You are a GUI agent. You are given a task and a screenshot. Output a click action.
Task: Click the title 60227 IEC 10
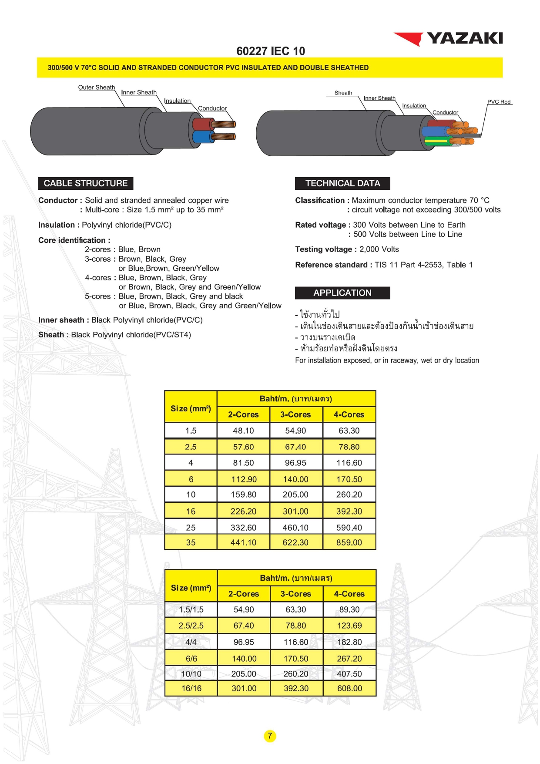(x=270, y=51)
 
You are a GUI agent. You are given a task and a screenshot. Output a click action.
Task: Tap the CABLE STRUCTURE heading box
(x=86, y=183)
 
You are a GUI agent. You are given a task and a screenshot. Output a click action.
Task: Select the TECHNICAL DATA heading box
(x=342, y=183)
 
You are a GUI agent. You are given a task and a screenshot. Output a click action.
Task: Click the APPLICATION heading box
(x=342, y=293)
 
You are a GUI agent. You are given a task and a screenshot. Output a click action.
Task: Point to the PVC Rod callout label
(x=499, y=102)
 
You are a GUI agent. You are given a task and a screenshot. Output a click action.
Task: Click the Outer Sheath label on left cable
(x=97, y=88)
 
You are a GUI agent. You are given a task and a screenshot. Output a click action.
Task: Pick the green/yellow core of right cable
(x=437, y=141)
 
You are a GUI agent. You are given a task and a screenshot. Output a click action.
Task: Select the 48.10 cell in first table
(x=243, y=431)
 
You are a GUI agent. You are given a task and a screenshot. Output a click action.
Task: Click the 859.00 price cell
(x=349, y=543)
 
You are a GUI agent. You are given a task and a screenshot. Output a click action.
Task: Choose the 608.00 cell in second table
(x=349, y=689)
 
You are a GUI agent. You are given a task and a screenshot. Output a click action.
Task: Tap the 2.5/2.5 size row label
(x=191, y=626)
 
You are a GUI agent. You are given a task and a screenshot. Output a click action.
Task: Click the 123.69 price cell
(x=349, y=626)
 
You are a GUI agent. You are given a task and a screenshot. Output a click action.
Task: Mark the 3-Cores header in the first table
(x=295, y=414)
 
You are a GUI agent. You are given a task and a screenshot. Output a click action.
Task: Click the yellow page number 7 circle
(x=270, y=736)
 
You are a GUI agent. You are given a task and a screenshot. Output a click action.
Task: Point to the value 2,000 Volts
(x=379, y=249)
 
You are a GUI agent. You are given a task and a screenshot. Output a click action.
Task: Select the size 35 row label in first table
(x=191, y=543)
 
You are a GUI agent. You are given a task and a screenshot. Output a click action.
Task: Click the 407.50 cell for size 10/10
(x=349, y=674)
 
